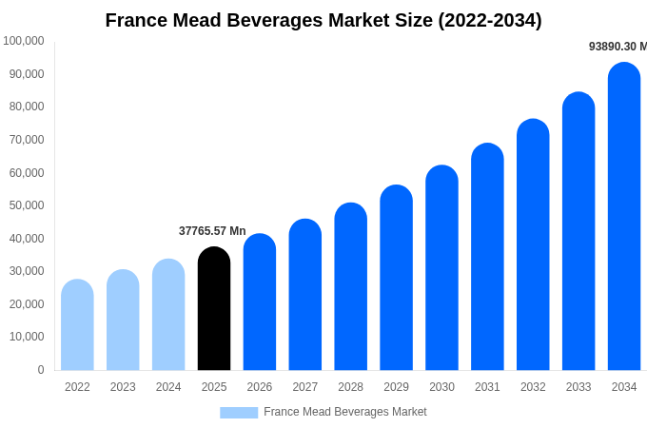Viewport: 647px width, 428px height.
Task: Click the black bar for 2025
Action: coord(214,309)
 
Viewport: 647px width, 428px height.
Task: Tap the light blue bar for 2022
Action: coord(77,325)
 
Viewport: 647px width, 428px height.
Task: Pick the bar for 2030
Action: coord(441,268)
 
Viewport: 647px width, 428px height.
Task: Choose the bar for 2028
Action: coord(350,287)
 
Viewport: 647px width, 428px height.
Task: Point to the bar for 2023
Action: coord(123,321)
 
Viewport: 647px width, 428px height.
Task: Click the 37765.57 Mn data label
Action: coord(212,231)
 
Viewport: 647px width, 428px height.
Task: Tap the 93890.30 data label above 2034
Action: coord(618,47)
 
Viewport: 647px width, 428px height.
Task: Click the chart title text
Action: coord(323,20)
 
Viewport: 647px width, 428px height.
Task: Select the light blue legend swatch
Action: coord(239,413)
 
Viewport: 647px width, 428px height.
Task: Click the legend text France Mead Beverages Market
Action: coord(345,412)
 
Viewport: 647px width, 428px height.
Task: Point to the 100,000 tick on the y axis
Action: coord(24,41)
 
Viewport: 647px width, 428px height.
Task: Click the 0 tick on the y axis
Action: coord(40,370)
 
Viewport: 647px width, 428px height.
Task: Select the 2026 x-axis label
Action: coord(260,387)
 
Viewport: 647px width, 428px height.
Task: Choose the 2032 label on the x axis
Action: coord(533,387)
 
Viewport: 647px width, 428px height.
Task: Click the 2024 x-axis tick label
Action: coord(168,387)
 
